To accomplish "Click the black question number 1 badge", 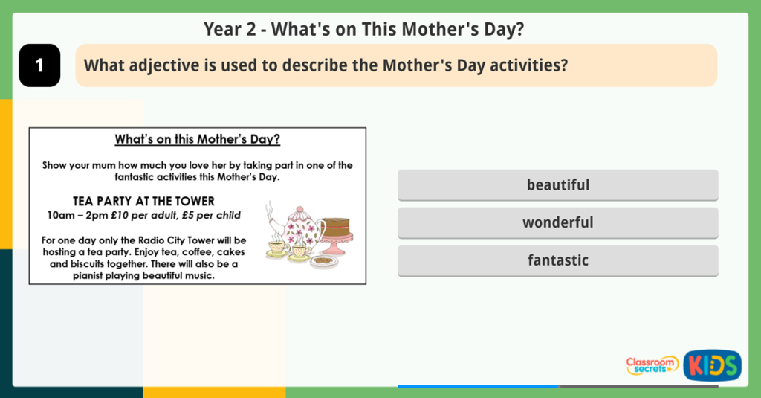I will [39, 65].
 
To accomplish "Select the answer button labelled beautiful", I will [557, 184].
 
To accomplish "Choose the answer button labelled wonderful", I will [557, 222].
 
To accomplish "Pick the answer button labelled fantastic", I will [557, 260].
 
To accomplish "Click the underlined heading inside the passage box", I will [197, 139].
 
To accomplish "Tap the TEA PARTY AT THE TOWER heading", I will [143, 201].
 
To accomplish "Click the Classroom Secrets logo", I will [652, 365].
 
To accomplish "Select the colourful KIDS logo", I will [712, 365].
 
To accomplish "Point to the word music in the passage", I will [198, 276].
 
